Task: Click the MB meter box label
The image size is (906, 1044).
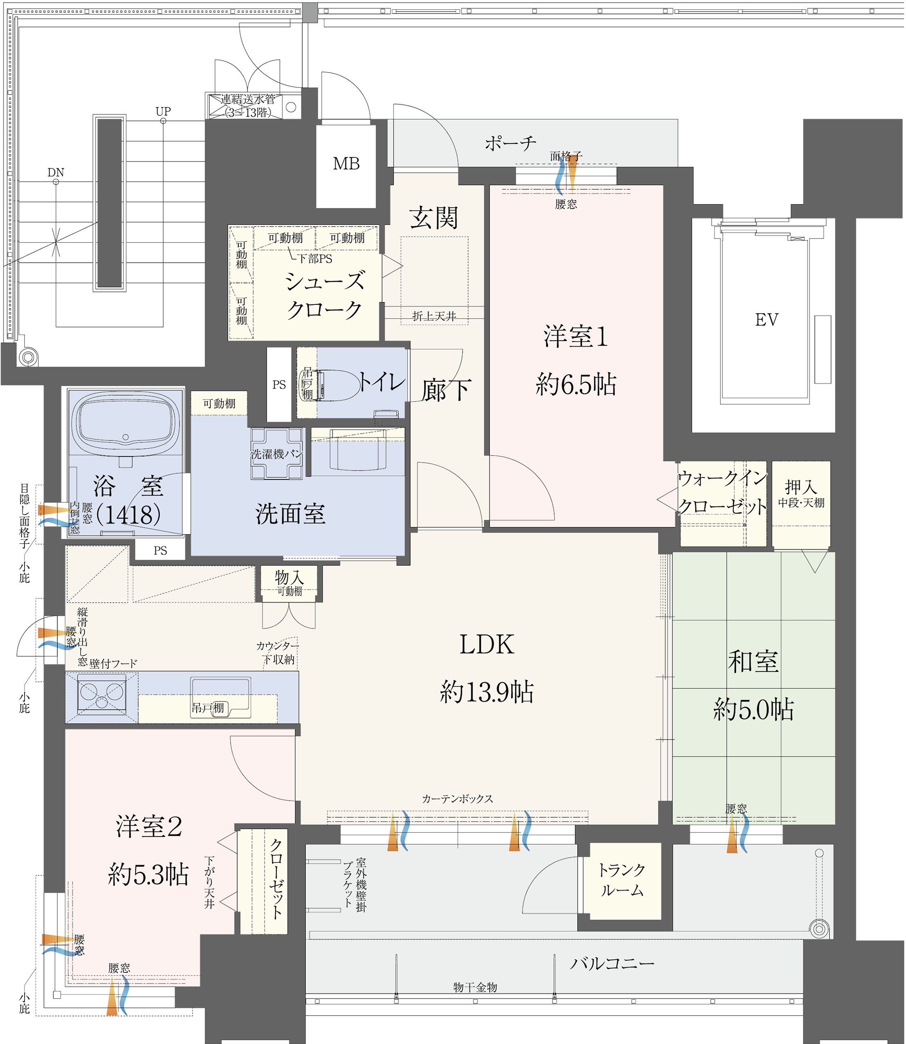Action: tap(346, 163)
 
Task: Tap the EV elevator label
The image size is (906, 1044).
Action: tap(767, 319)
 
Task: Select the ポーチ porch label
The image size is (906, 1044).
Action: tap(510, 143)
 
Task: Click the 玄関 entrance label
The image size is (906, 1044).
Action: tap(434, 218)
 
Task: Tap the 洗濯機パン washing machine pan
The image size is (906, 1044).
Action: tap(276, 454)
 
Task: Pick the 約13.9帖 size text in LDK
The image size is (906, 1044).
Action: tap(487, 692)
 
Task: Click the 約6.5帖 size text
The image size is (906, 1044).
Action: tap(576, 385)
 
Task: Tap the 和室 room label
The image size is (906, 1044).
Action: tap(753, 661)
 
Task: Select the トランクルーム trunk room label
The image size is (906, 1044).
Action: tap(621, 880)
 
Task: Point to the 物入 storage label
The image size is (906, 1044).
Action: tap(289, 577)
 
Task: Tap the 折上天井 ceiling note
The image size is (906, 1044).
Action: tap(434, 316)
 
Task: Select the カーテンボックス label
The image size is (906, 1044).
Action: tap(457, 799)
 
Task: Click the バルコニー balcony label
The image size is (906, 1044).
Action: tap(612, 963)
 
